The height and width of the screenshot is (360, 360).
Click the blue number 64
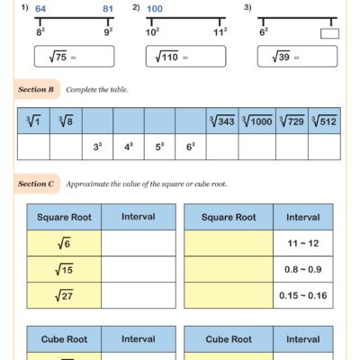point(41,9)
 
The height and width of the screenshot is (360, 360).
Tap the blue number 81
point(108,9)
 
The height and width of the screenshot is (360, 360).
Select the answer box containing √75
point(74,57)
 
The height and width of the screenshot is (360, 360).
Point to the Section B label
point(38,90)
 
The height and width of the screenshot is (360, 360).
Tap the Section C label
point(38,184)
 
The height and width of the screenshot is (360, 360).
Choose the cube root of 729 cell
point(292,121)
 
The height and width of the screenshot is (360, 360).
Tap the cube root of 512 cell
point(324,121)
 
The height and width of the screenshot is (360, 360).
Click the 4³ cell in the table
point(129,147)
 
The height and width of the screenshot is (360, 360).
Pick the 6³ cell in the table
point(191,147)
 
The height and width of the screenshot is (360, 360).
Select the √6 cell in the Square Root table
point(64,244)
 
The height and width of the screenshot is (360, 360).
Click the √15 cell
point(64,269)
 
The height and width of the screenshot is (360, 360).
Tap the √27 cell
point(64,294)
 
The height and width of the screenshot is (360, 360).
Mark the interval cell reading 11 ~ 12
point(303,244)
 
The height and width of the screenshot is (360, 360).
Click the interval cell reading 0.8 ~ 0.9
point(303,269)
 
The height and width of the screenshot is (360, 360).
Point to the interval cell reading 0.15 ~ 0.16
point(303,294)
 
